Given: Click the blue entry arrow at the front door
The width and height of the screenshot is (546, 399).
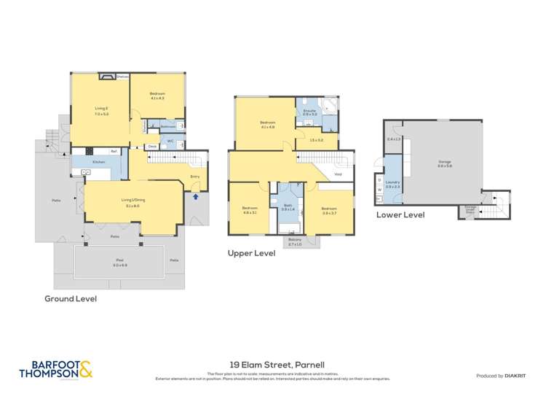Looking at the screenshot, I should (195, 195).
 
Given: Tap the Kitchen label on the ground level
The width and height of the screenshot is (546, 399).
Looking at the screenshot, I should (98, 161).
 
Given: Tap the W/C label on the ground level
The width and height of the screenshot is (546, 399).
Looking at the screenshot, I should (170, 141).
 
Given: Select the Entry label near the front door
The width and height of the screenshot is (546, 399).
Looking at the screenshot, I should (194, 176).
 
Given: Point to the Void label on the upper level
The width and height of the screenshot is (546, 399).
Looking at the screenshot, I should (338, 174).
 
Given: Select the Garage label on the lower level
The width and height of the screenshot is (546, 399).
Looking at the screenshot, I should (445, 162).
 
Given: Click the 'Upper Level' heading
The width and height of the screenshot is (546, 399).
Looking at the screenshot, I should (251, 253).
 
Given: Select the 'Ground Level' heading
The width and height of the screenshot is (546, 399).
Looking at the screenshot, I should (71, 298).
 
